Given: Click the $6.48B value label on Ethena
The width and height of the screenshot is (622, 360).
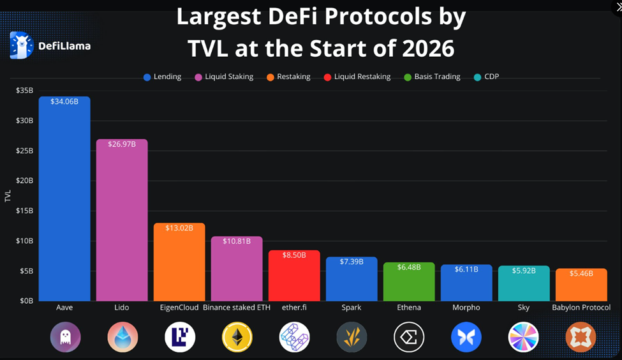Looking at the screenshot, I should coord(409,267).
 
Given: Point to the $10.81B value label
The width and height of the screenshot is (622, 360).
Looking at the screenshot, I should coord(237,241).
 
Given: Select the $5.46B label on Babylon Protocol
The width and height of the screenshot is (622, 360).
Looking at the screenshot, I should coord(581,273).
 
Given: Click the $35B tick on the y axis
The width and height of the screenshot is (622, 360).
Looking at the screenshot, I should coord(24,91).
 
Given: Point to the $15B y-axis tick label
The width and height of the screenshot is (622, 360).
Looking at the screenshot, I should coord(24,211).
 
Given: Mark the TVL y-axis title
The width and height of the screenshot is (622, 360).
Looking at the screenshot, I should coord(8,196).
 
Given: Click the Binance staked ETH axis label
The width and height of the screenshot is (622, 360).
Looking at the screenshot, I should coord(237,308).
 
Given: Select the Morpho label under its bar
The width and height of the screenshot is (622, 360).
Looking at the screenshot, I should coord(466,308).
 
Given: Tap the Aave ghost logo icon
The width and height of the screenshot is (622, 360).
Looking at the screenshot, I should coord(65,337).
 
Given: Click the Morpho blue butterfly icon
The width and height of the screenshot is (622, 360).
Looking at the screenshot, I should coord(466,337).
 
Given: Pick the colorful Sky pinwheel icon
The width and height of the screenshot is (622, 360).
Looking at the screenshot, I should coord(523,337).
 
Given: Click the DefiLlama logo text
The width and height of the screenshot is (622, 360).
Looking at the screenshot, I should coord(64,46).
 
